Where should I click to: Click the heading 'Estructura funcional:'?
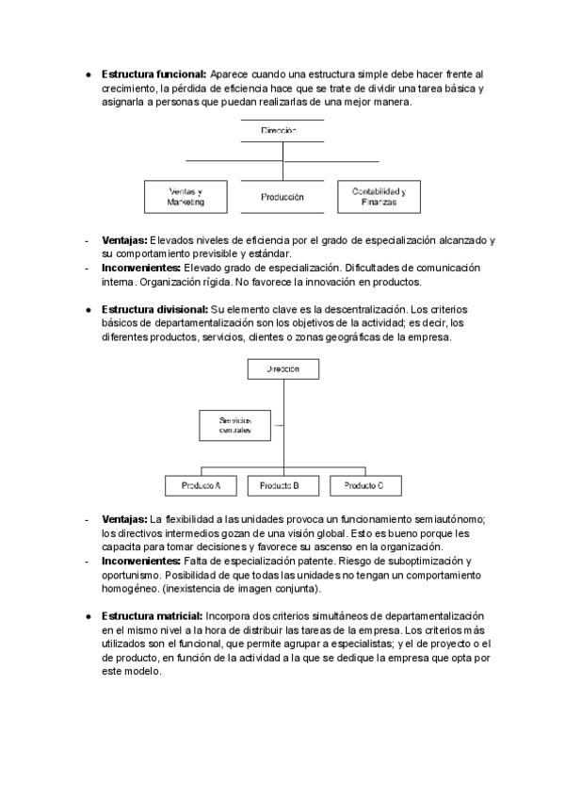tap(153, 73)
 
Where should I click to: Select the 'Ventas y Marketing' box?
tap(186, 196)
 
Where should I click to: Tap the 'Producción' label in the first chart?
tap(282, 197)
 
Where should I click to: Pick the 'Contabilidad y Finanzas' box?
tap(379, 196)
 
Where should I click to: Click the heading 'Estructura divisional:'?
tap(153, 308)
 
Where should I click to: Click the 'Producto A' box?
tap(193, 485)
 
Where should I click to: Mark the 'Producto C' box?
tap(363, 485)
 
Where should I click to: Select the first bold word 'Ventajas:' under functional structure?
tap(124, 240)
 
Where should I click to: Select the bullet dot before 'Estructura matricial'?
tap(88, 615)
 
